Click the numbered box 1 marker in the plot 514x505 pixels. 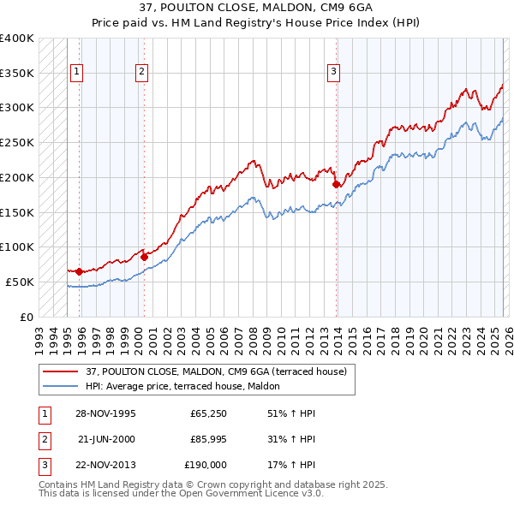tap(78, 73)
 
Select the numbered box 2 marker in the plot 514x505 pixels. tap(141, 73)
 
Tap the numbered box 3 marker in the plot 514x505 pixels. tap(333, 73)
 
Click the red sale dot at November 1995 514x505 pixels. tap(80, 271)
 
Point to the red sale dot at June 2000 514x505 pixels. tap(144, 257)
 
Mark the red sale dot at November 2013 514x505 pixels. tap(336, 184)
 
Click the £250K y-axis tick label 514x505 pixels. tap(17, 142)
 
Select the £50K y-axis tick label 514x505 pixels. tap(21, 282)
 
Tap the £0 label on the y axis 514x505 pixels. tap(27, 317)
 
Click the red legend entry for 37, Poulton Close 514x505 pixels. tap(216, 371)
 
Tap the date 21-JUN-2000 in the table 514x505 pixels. tap(106, 440)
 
